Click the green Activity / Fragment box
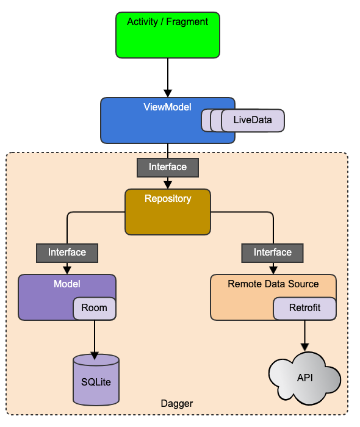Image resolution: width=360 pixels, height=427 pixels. [168, 35]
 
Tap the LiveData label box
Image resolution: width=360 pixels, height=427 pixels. [253, 120]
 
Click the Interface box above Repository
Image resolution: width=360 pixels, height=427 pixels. [168, 168]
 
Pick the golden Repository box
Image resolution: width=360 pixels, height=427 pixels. [168, 212]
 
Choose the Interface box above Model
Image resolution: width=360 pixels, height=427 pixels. [67, 253]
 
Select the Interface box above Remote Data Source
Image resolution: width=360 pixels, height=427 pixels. [273, 253]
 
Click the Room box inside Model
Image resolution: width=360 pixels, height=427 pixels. [95, 308]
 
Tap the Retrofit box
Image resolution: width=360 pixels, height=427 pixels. [304, 308]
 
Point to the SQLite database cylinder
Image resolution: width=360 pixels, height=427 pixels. [96, 380]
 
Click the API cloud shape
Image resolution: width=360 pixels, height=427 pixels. [304, 378]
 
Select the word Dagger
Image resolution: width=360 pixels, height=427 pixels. [177, 403]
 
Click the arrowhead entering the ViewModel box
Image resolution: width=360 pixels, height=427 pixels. [168, 93]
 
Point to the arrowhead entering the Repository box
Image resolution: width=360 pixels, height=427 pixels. [168, 185]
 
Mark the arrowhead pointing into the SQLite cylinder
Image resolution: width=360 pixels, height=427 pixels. [95, 356]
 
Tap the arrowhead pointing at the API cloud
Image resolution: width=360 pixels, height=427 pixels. [304, 347]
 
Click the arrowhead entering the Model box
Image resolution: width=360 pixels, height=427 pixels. [67, 270]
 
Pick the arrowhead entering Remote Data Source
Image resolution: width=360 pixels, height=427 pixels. [273, 270]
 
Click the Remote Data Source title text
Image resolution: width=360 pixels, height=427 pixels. [273, 284]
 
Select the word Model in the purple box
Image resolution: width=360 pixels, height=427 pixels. [67, 284]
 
